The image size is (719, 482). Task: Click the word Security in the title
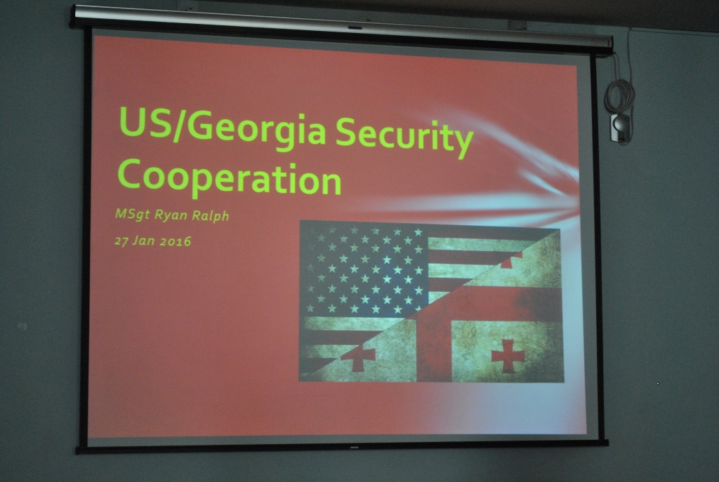coord(404,134)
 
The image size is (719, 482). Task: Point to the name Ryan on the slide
coord(171,215)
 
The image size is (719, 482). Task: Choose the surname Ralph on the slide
coord(211,215)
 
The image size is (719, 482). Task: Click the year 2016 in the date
coord(176,241)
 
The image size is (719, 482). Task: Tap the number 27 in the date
coord(121,241)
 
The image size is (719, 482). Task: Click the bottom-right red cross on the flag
coord(507,355)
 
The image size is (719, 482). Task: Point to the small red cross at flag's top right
coord(511,260)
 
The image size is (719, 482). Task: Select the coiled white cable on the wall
coord(619,96)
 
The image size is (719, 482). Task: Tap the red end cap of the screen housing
coord(609,42)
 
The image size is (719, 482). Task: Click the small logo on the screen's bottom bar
coord(354,447)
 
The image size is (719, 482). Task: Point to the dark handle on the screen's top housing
coord(355,27)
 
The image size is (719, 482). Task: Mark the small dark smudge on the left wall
coord(22,327)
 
